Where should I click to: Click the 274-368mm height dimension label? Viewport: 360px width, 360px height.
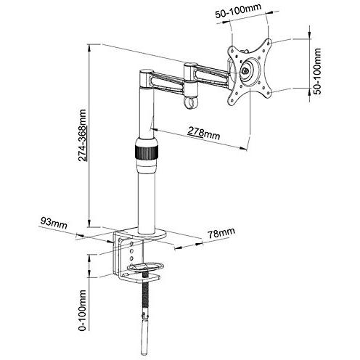[82, 135]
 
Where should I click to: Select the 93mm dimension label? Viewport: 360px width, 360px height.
[54, 223]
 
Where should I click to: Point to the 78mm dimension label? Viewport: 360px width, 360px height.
[221, 233]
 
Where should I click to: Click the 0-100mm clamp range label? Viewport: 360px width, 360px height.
[82, 311]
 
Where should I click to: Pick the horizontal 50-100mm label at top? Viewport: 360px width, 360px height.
[238, 10]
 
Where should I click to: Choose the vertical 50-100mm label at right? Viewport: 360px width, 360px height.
[317, 71]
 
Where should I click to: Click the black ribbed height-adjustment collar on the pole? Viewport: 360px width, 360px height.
[147, 152]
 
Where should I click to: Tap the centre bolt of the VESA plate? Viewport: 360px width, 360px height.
[244, 71]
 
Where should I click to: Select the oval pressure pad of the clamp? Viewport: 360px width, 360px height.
[145, 267]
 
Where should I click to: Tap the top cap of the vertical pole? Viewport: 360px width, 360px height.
[146, 72]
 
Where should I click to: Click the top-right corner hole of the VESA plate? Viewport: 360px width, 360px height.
[269, 44]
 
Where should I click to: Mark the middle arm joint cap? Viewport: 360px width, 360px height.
[190, 65]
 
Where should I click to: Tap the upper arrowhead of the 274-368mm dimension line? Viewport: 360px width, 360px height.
[89, 48]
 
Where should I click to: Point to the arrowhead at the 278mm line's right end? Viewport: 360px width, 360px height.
[242, 148]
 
